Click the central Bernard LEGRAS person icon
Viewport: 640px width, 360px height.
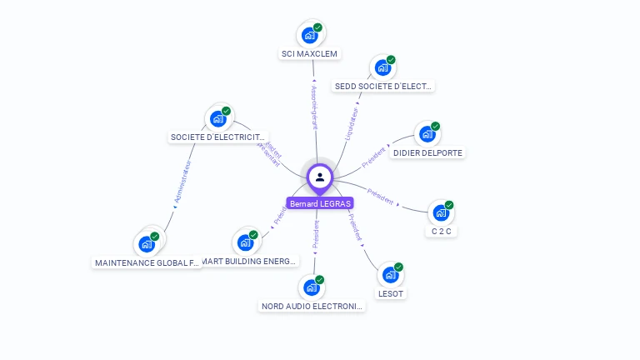tap(320, 177)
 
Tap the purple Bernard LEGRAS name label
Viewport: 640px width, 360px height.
tap(320, 203)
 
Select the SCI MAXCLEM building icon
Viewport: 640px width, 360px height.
tap(309, 35)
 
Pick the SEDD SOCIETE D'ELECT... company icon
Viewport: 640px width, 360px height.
tap(382, 67)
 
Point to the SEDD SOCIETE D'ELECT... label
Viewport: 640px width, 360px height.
tap(383, 87)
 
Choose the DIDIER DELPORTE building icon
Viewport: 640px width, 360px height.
tap(427, 134)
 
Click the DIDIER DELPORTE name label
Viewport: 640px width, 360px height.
tap(427, 153)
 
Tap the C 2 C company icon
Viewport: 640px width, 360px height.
tap(441, 212)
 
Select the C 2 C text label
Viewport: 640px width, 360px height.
tap(441, 231)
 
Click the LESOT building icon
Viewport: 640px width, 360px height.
tap(390, 274)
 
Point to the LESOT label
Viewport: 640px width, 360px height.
tap(391, 293)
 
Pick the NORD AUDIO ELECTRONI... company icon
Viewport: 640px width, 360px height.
tap(311, 287)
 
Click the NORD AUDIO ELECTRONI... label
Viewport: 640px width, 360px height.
tap(313, 307)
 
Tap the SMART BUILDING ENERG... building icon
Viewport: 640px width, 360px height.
tap(245, 242)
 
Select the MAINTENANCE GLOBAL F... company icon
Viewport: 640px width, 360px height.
tap(147, 244)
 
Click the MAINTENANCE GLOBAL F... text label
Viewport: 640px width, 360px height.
tap(147, 263)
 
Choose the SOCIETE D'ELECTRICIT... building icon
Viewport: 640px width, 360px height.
tap(218, 118)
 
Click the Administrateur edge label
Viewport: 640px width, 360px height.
tap(183, 182)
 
